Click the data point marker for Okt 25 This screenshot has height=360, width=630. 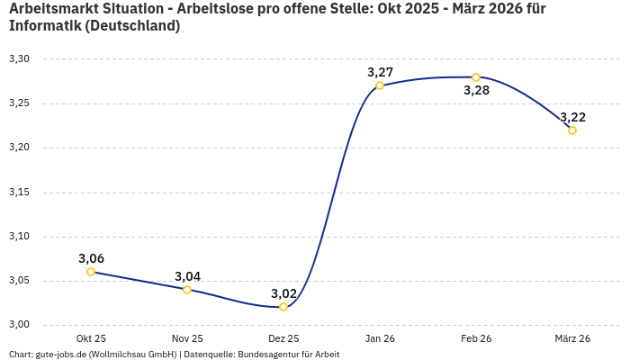(91, 272)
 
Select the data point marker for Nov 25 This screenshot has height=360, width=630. (187, 290)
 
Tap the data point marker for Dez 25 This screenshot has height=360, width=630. (283, 307)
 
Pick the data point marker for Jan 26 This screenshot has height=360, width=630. (380, 85)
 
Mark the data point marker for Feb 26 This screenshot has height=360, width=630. (476, 77)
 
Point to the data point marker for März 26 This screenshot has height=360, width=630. (572, 130)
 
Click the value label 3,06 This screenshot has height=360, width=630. (91, 258)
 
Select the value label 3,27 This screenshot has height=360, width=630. (380, 72)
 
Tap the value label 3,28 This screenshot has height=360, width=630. (476, 90)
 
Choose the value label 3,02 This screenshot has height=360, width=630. (283, 293)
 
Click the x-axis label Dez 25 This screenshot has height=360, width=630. (283, 338)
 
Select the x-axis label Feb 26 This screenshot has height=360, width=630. (476, 338)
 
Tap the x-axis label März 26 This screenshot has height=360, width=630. (572, 338)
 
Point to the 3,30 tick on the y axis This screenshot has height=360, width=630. (19, 59)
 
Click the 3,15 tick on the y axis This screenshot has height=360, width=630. (19, 193)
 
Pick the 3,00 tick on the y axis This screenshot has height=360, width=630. (19, 325)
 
